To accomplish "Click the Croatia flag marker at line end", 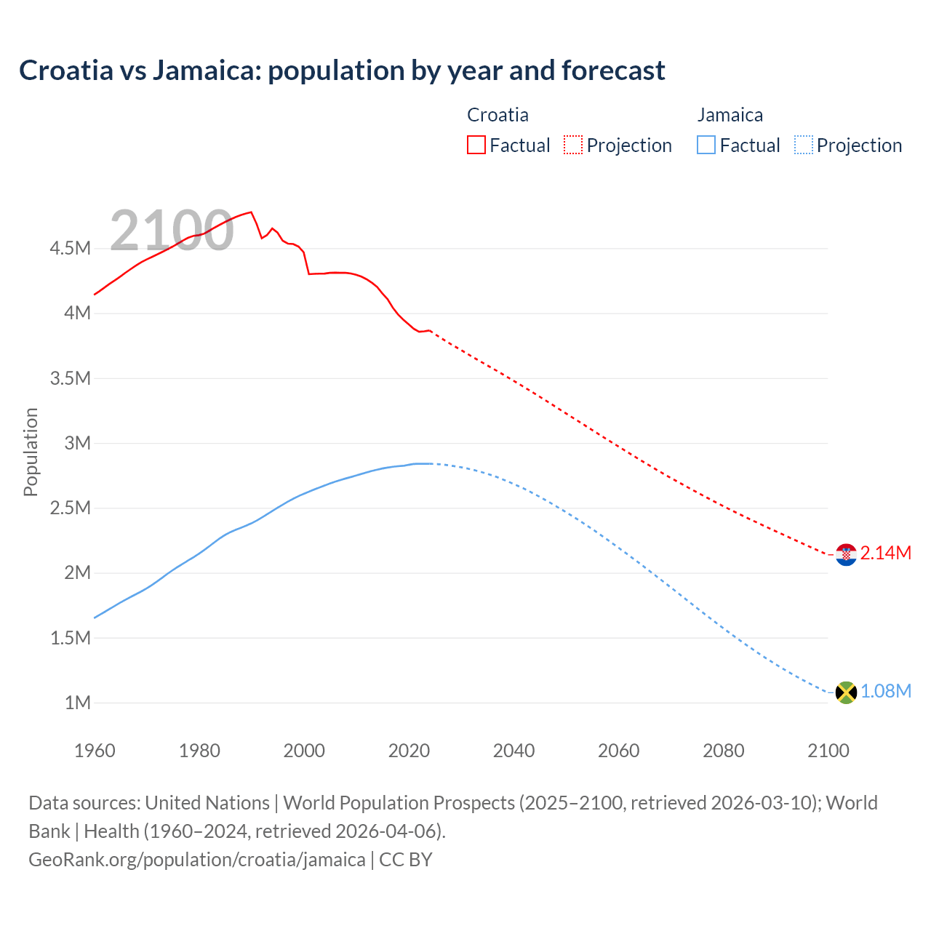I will click(x=846, y=554).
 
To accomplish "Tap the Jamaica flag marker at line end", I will click(x=846, y=692).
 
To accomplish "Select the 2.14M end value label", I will click(x=885, y=554).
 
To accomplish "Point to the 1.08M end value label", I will click(x=885, y=691).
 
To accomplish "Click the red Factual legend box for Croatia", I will click(x=476, y=145).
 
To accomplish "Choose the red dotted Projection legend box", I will click(x=573, y=145).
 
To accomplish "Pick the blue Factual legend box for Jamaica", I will click(x=706, y=145).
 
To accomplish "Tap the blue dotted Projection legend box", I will click(x=804, y=145).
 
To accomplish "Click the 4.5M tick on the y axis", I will click(x=70, y=249).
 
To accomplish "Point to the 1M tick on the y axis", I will click(x=77, y=703).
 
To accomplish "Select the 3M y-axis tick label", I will click(x=77, y=443).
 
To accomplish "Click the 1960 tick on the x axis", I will click(x=95, y=751).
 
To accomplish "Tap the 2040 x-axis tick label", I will click(x=514, y=751).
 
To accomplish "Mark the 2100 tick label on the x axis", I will click(x=828, y=751).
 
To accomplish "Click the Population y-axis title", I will click(x=31, y=452).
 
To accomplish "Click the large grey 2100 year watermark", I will click(x=172, y=231).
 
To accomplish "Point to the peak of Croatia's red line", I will click(x=251, y=212).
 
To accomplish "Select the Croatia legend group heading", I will click(x=498, y=115).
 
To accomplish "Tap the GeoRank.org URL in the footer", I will click(x=197, y=860).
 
